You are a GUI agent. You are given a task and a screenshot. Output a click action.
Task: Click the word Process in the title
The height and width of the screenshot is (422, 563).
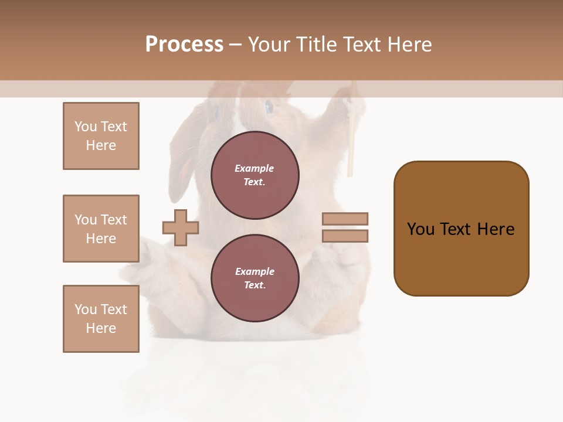click(x=184, y=45)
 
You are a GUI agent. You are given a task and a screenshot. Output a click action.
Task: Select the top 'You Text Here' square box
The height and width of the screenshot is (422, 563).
click(x=101, y=136)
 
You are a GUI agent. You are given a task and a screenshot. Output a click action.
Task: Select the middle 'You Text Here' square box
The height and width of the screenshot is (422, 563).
click(x=101, y=229)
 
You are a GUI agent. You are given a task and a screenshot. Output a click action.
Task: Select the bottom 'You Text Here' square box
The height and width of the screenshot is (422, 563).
click(x=101, y=319)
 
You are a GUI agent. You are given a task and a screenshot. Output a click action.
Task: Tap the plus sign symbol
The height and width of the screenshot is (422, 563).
click(x=181, y=227)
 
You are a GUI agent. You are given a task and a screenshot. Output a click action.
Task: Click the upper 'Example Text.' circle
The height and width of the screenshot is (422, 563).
click(x=255, y=175)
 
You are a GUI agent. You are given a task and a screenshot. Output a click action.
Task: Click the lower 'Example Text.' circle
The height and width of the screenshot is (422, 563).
click(x=255, y=278)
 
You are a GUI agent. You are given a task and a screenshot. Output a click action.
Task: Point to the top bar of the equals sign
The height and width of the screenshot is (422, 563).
click(x=345, y=219)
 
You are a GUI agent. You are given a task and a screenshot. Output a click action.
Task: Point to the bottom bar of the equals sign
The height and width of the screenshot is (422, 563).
click(x=345, y=236)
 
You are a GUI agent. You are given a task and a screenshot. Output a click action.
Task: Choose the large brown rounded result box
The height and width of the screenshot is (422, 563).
click(x=461, y=229)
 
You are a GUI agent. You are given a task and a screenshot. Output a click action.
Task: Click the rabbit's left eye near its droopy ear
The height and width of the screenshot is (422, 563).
click(x=215, y=111)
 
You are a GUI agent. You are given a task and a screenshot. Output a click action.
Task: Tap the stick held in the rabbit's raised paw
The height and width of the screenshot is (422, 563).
click(x=351, y=141)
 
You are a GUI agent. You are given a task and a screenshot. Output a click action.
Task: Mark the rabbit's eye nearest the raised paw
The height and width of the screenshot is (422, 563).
click(x=269, y=107)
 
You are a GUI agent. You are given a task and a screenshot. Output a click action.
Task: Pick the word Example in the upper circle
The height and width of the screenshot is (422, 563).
click(x=255, y=168)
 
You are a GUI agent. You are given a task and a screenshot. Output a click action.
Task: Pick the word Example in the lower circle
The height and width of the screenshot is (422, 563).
click(x=255, y=271)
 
